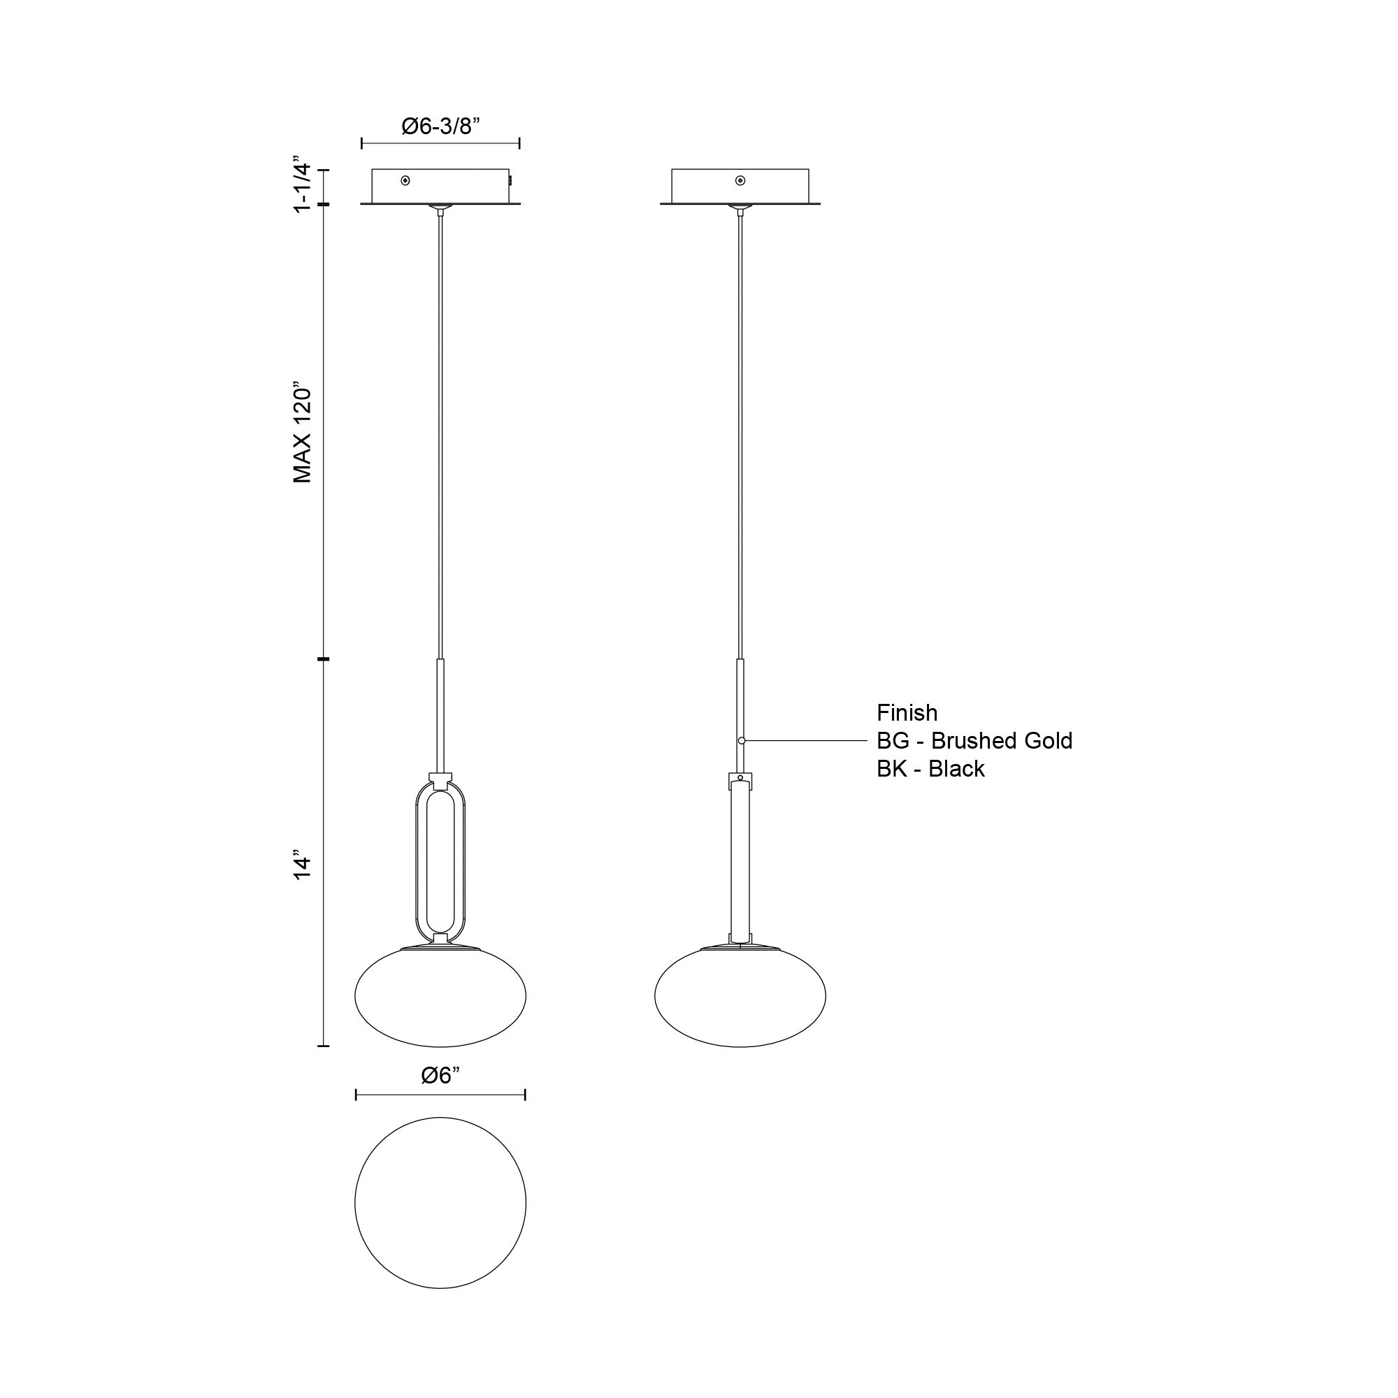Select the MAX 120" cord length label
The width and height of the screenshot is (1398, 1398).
(302, 434)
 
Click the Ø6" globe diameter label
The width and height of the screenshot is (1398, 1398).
(440, 1076)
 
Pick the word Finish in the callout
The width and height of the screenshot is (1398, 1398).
(907, 713)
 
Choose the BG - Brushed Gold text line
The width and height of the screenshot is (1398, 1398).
(974, 741)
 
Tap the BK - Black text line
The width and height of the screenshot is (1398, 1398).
(930, 768)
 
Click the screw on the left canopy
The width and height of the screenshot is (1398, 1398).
(405, 180)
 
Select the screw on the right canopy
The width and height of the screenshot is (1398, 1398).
(740, 180)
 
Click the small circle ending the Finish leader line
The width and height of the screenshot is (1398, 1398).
(742, 741)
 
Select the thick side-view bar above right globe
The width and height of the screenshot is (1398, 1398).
(740, 861)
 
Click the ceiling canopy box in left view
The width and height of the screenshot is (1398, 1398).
(440, 187)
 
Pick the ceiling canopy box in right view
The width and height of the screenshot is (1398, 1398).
(740, 187)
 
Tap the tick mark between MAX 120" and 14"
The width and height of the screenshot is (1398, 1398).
(323, 659)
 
